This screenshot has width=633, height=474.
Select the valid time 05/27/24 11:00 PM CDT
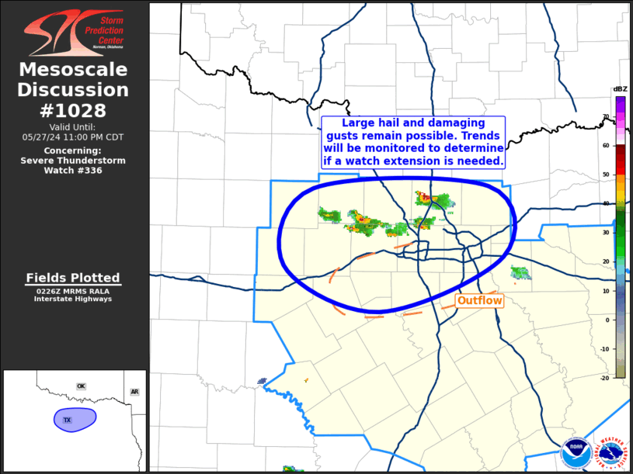73,137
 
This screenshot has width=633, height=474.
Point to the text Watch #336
73,170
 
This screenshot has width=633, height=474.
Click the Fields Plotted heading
73,278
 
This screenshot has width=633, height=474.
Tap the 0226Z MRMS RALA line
73,291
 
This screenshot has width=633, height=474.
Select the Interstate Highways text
73,299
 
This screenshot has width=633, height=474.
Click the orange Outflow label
479,300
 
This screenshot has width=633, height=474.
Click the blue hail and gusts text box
414,143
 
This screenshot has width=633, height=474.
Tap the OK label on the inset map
81,386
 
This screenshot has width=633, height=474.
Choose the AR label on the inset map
134,392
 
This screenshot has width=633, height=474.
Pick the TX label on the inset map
67,420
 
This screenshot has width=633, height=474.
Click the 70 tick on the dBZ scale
606,116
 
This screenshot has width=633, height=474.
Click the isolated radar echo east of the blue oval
520,272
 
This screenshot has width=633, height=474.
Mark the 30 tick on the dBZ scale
606,233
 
